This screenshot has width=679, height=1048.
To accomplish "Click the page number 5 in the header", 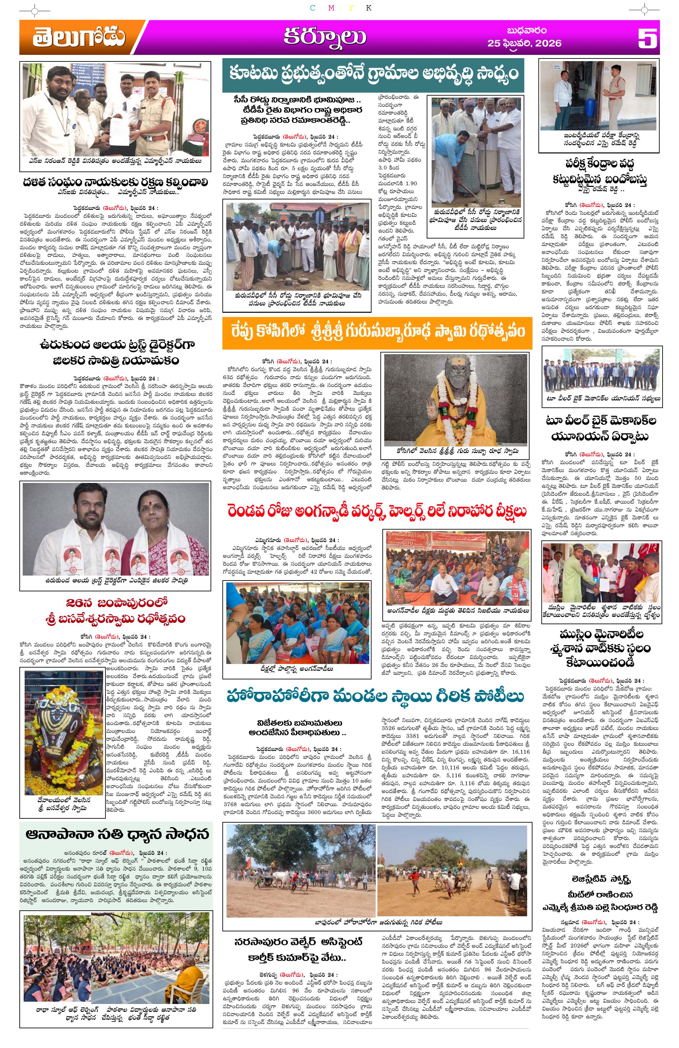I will pos(647,38).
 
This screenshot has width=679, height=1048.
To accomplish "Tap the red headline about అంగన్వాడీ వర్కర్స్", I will pos(376,512).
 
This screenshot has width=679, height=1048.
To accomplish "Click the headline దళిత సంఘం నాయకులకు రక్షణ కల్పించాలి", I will pos(115,183).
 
